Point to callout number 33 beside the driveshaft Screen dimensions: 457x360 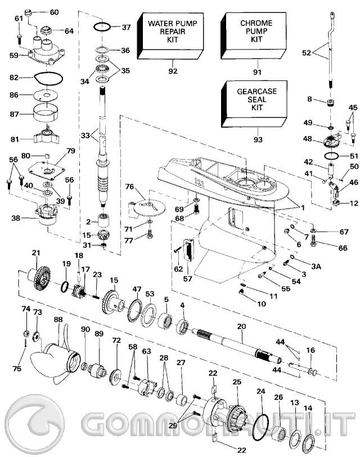84,135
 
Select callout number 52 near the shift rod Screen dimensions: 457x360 306,53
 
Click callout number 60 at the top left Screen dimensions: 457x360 54,12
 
